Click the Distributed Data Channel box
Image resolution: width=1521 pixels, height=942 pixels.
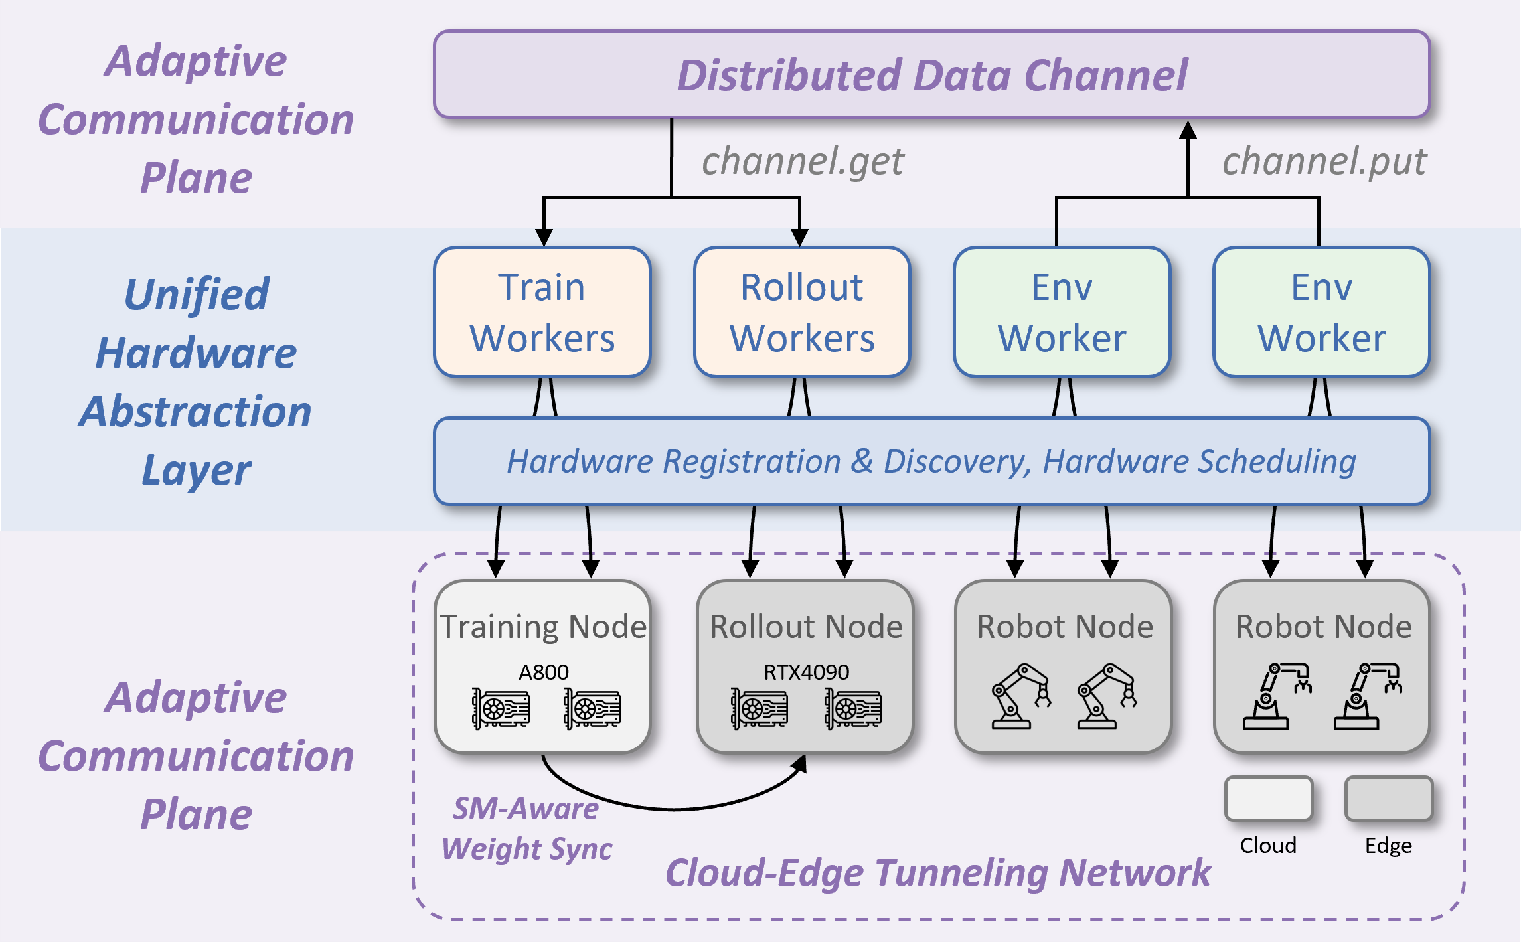(x=931, y=74)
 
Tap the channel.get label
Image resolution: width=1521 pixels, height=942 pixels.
(x=803, y=161)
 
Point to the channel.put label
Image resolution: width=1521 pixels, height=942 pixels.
(x=1324, y=161)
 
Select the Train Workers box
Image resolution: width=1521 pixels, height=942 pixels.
(x=542, y=312)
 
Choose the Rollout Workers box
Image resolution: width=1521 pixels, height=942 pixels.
(x=802, y=312)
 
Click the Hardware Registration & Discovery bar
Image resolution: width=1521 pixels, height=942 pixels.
(x=931, y=461)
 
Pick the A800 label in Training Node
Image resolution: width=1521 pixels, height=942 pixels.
(x=543, y=672)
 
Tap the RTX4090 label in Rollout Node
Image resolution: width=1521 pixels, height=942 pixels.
(x=806, y=672)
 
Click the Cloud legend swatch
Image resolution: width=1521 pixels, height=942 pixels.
(x=1268, y=799)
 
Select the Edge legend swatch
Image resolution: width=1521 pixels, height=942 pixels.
(x=1388, y=799)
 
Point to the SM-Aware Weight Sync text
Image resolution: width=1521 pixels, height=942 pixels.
(x=526, y=828)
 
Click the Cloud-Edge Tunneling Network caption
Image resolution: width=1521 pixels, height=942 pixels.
(x=937, y=872)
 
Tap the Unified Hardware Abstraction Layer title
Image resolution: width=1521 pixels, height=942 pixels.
(x=196, y=381)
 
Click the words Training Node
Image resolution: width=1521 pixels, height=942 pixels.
(x=543, y=627)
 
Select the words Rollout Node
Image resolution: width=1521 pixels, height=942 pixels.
(x=806, y=627)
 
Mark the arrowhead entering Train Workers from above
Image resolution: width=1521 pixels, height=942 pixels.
(x=544, y=238)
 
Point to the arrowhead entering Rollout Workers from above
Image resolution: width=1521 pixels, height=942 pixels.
(x=799, y=238)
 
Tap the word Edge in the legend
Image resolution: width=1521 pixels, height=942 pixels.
(x=1388, y=846)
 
